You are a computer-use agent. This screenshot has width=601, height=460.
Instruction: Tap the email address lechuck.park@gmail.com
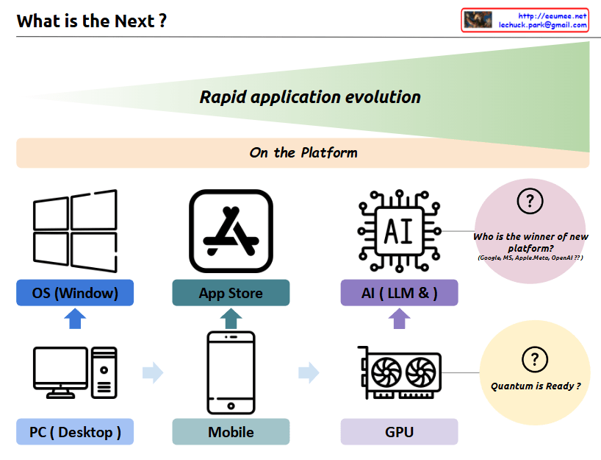pyautogui.click(x=543, y=25)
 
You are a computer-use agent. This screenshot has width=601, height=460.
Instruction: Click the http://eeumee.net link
pyautogui.click(x=553, y=15)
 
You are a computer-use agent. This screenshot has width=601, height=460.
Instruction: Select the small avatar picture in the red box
pyautogui.click(x=478, y=20)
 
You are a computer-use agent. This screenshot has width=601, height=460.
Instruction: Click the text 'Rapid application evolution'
pyautogui.click(x=310, y=97)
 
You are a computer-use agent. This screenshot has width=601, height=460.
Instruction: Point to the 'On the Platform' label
pyautogui.click(x=303, y=153)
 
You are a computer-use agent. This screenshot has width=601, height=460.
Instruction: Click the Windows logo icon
pyautogui.click(x=75, y=231)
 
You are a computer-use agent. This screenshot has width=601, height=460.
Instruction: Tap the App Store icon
pyautogui.click(x=231, y=231)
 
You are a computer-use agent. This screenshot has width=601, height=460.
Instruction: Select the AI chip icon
pyautogui.click(x=399, y=231)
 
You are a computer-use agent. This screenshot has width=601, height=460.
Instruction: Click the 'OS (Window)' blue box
pyautogui.click(x=75, y=293)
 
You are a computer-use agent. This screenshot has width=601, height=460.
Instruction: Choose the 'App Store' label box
pyautogui.click(x=231, y=293)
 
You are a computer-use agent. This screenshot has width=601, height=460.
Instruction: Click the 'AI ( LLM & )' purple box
pyautogui.click(x=399, y=293)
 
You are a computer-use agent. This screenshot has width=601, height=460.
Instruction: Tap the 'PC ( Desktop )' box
pyautogui.click(x=75, y=432)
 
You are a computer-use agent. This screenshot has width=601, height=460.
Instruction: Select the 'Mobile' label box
pyautogui.click(x=231, y=432)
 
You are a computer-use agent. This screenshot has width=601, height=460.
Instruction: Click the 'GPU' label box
pyautogui.click(x=399, y=432)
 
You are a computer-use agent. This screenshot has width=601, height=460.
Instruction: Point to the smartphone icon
pyautogui.click(x=231, y=372)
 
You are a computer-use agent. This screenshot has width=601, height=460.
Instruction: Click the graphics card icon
pyautogui.click(x=399, y=372)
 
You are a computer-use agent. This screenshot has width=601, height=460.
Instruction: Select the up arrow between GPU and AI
pyautogui.click(x=399, y=319)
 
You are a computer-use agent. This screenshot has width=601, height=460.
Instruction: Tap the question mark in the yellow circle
pyautogui.click(x=534, y=359)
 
